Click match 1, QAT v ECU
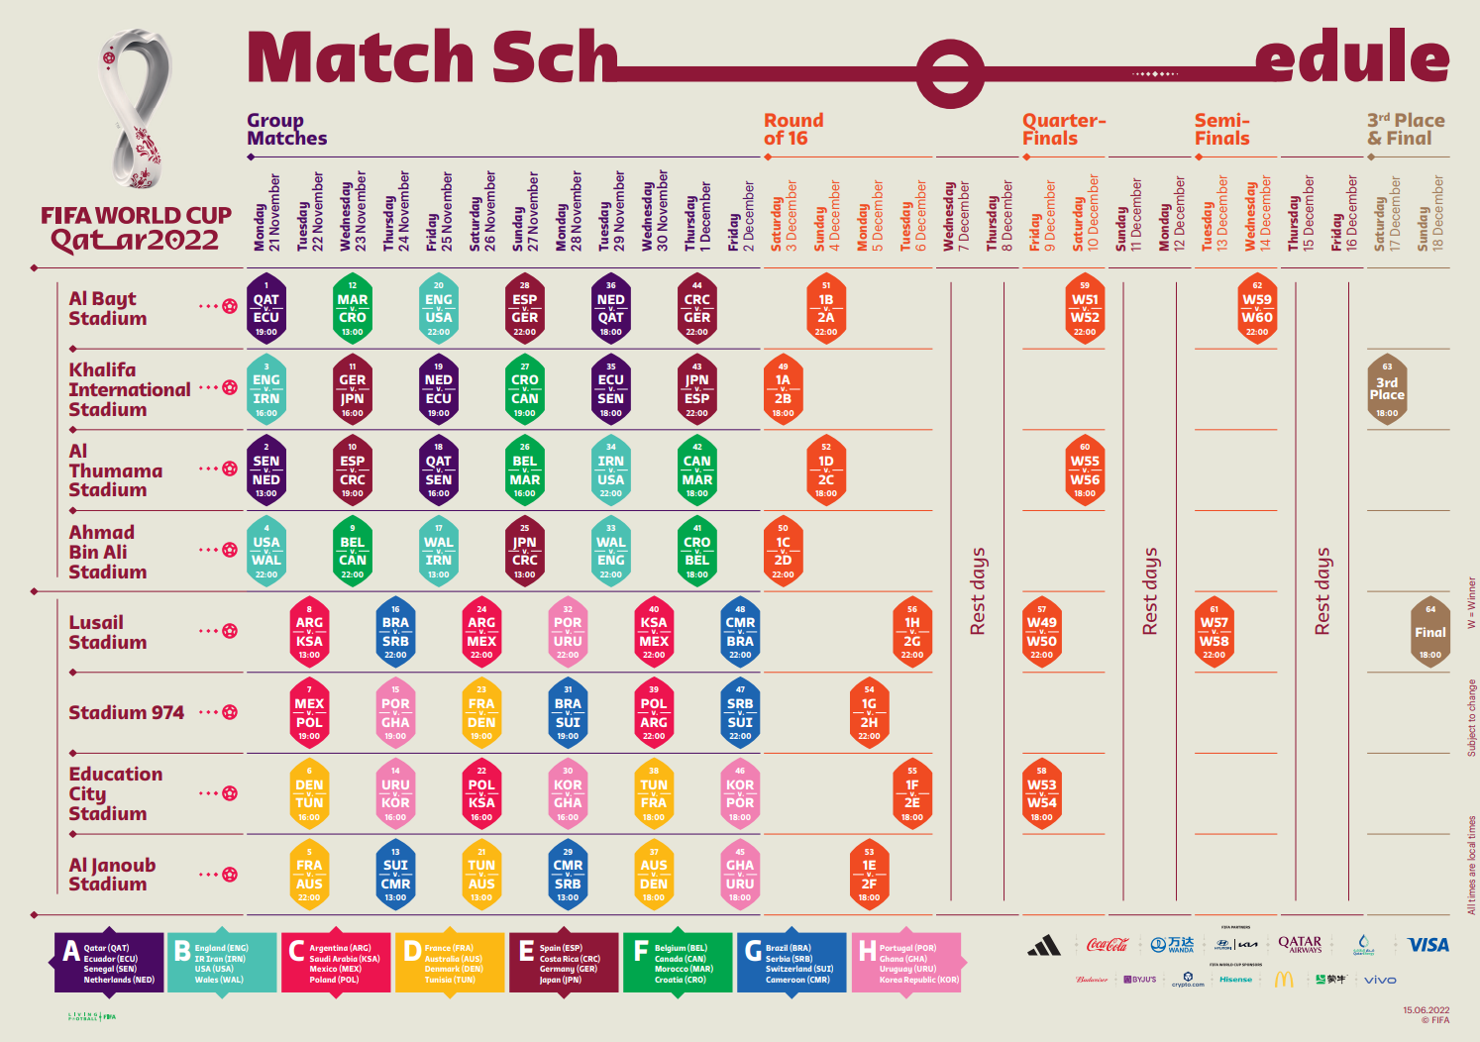(265, 308)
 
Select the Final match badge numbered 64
(1429, 632)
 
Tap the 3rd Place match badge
(1387, 388)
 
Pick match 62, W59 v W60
(1257, 308)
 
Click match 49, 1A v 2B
(783, 389)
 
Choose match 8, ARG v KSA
(309, 632)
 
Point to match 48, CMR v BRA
(740, 632)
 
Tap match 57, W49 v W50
(1041, 632)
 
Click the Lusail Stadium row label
(108, 632)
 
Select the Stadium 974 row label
(126, 712)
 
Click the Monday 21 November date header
(267, 212)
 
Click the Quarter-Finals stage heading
(1063, 130)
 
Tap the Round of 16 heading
(793, 130)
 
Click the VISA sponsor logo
(1427, 945)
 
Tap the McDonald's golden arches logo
(1284, 980)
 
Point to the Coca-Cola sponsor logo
(1107, 945)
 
